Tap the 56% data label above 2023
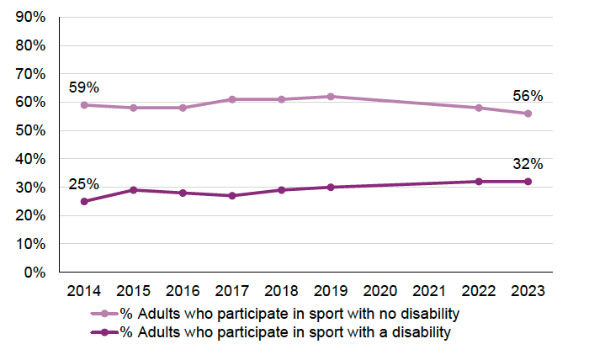(528, 96)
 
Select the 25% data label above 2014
(83, 183)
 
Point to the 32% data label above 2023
(528, 164)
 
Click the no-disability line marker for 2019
(331, 97)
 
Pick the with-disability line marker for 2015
(134, 190)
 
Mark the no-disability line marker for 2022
(479, 108)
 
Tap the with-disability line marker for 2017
(232, 196)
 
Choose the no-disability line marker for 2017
(232, 99)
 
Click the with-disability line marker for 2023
(528, 182)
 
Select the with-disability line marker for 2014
(84, 202)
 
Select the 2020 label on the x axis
(379, 291)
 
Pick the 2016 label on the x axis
(183, 291)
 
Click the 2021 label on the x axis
(429, 291)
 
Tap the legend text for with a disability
(286, 332)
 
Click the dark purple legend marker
(104, 333)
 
